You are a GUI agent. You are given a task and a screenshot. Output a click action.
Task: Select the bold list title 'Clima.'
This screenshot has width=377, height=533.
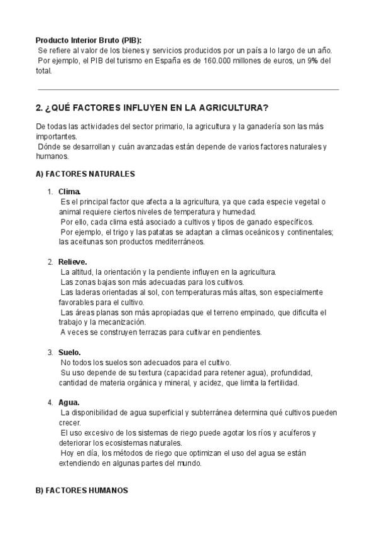(70, 191)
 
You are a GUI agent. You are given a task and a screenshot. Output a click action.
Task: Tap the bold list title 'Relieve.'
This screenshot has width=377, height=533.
(73, 261)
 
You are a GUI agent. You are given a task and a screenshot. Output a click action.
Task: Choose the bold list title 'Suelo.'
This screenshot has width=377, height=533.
(70, 352)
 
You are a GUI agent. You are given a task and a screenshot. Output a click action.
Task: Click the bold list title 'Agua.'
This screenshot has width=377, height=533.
(69, 402)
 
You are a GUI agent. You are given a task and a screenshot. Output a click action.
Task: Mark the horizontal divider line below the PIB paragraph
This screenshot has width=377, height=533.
(188, 90)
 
